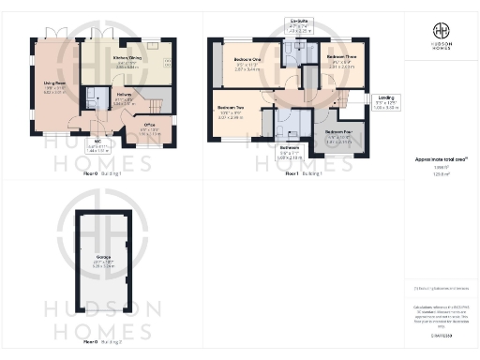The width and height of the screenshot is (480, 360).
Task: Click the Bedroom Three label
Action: (341, 59)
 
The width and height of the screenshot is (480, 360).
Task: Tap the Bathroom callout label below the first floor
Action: (290, 151)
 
